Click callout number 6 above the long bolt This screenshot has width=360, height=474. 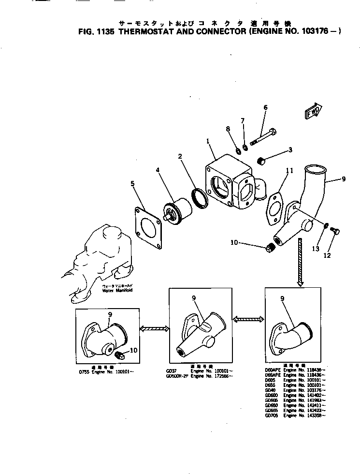tap(265, 107)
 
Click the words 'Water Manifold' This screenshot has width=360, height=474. tap(117, 291)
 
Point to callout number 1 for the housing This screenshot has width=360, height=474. tap(207, 142)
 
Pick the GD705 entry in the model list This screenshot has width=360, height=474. tap(272, 415)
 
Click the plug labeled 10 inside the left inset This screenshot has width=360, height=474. tap(122, 356)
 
